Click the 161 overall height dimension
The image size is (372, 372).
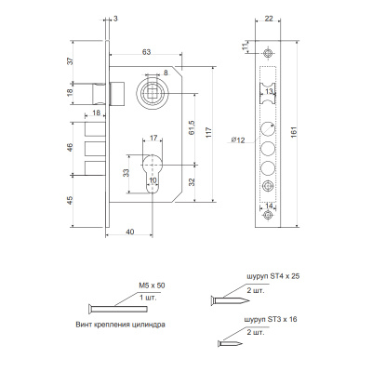pos(294,132)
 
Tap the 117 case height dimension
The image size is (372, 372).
pos(208,132)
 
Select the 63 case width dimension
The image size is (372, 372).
pos(146,52)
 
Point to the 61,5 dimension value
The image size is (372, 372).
pos(192,127)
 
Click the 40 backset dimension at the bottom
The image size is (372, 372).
pos(130,232)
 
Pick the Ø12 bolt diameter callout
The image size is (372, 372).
pos(238,140)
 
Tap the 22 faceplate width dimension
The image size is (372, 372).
pos(269,19)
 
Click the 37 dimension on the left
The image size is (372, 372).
pos(71,60)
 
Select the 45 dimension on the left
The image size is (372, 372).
pos(71,200)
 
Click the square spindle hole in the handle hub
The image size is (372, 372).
pos(153,92)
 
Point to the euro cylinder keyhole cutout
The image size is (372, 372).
pos(153,173)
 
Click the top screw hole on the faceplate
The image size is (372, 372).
pos(268,53)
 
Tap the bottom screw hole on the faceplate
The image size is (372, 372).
pos(268,215)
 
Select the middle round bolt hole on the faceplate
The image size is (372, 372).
pos(268,149)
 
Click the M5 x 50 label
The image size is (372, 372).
pos(152,286)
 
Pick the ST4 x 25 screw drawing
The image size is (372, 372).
pos(230,300)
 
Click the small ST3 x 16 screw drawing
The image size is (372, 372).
pos(230,343)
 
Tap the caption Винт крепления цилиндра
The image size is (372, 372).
pos(120,325)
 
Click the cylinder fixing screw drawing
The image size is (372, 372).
pos(118,309)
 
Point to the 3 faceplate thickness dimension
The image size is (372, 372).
pos(115,19)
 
